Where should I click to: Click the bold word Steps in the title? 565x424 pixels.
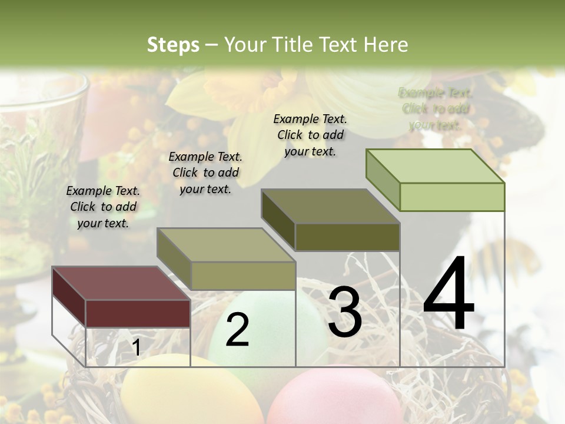[x=173, y=45]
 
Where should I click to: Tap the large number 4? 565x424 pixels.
[x=448, y=294]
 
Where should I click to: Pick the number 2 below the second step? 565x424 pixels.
[x=237, y=330]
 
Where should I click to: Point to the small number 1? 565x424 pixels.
[x=136, y=348]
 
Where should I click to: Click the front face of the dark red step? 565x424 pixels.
[x=138, y=313]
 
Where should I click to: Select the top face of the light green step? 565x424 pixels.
[x=434, y=166]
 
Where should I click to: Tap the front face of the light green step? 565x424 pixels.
[x=452, y=197]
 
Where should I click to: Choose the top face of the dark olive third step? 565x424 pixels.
[x=330, y=206]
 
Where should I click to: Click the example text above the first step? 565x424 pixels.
[x=103, y=207]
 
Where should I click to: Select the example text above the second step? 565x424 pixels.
[x=205, y=173]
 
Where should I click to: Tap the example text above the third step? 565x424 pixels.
[x=310, y=135]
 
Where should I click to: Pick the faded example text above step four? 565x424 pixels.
[x=436, y=108]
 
